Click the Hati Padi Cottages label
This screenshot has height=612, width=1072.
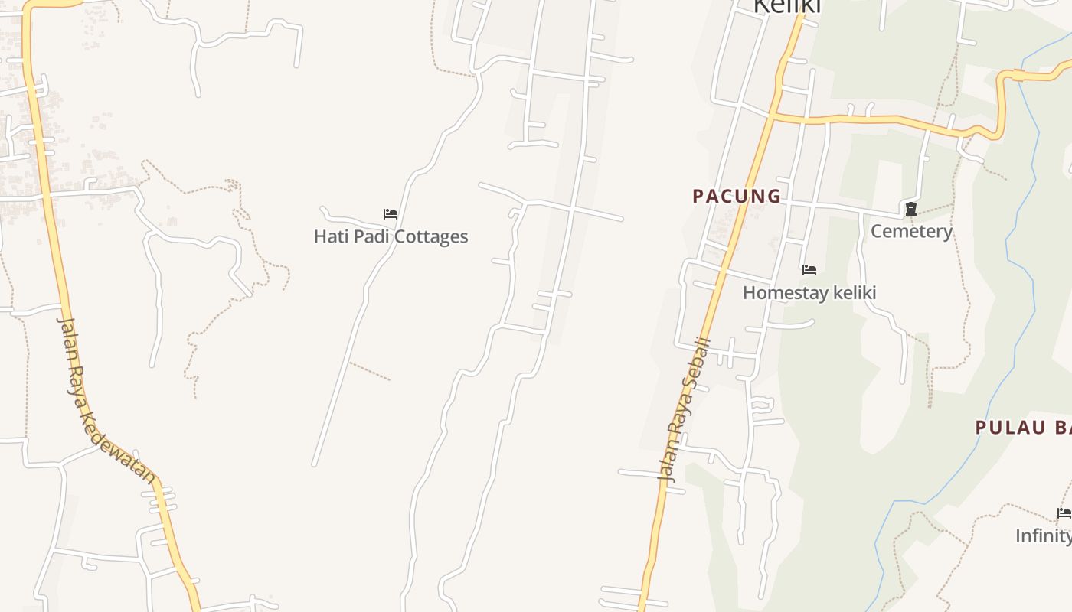point(391,236)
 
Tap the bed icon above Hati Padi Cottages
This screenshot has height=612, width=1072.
point(391,214)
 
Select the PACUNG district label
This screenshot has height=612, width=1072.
point(737,197)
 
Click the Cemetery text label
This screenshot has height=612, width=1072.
point(911,231)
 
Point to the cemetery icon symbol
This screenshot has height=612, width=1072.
point(911,208)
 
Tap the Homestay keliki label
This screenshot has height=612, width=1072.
point(809,293)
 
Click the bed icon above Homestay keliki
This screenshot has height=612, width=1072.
point(809,269)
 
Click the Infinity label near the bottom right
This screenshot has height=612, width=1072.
point(1043,535)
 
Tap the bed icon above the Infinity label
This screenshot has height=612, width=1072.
point(1064,513)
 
